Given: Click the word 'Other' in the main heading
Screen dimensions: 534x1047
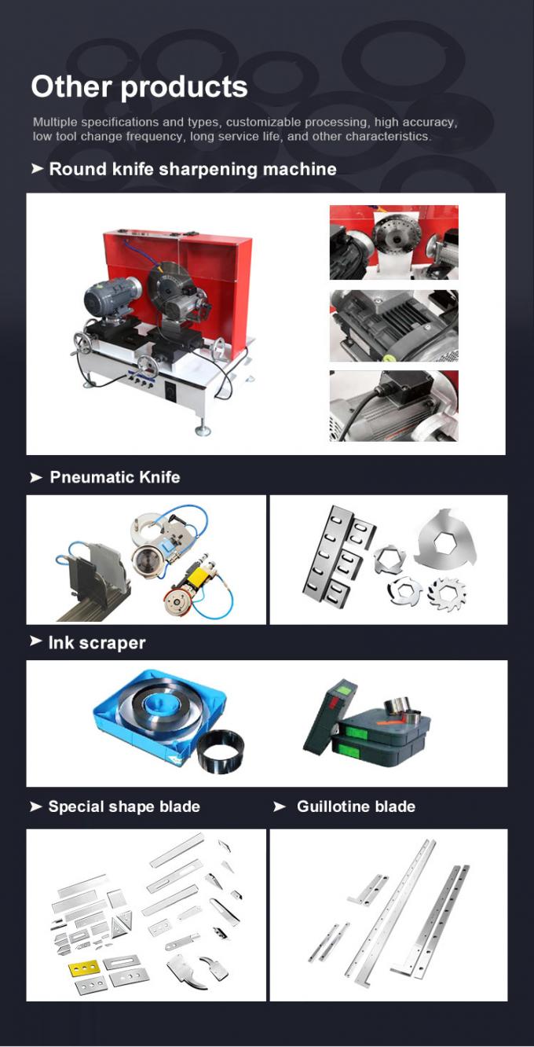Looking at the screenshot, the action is [x=71, y=87].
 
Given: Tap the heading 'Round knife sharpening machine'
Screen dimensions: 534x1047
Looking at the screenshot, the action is [x=192, y=169].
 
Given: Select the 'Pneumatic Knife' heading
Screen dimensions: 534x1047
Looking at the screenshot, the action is [x=115, y=477].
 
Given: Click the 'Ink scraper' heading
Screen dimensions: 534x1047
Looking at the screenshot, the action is [x=97, y=643].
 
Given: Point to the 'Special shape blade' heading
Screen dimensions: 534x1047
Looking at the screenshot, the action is [x=124, y=806].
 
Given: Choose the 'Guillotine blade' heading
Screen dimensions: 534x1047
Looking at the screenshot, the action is [x=356, y=806].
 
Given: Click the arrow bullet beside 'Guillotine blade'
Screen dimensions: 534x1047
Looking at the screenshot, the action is [x=279, y=806].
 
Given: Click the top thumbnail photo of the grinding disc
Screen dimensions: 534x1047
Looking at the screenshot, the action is [x=394, y=243].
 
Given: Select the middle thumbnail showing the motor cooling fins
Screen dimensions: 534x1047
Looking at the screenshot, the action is [x=394, y=325].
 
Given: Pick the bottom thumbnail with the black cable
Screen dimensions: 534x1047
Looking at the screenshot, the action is [x=394, y=406].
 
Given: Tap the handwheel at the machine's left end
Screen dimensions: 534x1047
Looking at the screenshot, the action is [x=83, y=345].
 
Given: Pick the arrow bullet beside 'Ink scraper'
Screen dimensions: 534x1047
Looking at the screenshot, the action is [x=36, y=641].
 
